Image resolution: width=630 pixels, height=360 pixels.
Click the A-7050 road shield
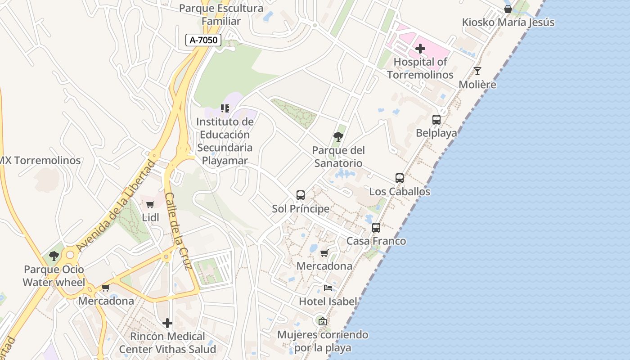click(203, 40)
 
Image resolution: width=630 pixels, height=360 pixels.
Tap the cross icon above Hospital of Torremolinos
click(420, 49)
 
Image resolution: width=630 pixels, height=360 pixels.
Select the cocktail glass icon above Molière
click(477, 71)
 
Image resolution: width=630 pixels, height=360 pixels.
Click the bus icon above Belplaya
click(436, 120)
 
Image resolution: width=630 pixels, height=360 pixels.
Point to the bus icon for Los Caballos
click(400, 178)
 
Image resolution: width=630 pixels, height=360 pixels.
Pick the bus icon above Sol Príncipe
click(301, 195)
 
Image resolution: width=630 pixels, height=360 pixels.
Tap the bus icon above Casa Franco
click(376, 228)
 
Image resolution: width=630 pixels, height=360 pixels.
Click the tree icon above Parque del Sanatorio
click(338, 137)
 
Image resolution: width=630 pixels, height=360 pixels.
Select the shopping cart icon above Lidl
click(150, 205)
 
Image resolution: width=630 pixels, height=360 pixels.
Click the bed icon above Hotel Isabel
click(328, 288)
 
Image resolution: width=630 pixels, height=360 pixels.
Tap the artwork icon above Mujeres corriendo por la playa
click(322, 321)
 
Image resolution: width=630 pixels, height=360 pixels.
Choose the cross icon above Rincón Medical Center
click(167, 323)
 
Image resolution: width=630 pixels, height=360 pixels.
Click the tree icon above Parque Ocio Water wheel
click(54, 256)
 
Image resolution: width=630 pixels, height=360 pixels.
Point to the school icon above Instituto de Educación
click(225, 108)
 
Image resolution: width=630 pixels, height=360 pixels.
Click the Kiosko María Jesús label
click(508, 22)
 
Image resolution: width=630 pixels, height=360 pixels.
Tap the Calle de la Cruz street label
click(179, 231)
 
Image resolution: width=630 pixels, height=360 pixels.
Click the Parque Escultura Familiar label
click(221, 14)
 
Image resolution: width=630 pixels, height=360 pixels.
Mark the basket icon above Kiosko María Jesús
click(508, 9)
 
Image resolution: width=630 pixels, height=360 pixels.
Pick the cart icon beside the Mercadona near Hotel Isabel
click(324, 253)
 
